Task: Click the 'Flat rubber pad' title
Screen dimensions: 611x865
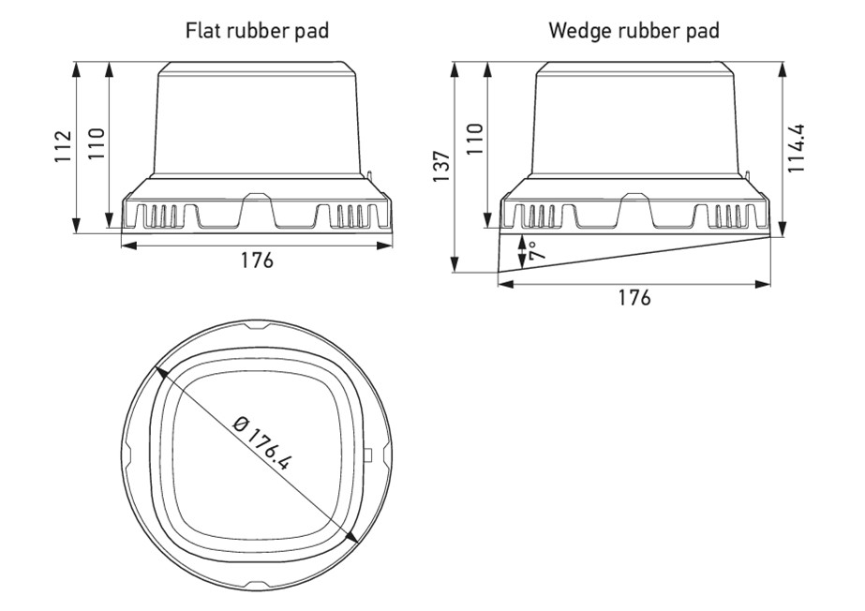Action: point(259,31)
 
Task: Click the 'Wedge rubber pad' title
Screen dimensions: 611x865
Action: point(634,31)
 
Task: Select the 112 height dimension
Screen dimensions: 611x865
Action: point(63,147)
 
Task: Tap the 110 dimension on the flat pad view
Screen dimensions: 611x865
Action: point(97,143)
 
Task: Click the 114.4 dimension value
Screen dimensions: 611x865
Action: point(798,147)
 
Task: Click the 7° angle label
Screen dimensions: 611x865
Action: point(532,250)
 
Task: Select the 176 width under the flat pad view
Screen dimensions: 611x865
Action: point(257,261)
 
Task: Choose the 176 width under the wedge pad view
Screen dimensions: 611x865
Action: point(634,298)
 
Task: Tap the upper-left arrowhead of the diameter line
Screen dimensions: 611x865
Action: point(161,371)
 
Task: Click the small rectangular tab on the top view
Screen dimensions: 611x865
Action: point(367,455)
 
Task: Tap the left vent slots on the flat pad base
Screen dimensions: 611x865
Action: point(165,216)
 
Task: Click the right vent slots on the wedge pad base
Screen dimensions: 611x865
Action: point(730,216)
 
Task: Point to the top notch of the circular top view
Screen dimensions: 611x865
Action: point(257,328)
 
